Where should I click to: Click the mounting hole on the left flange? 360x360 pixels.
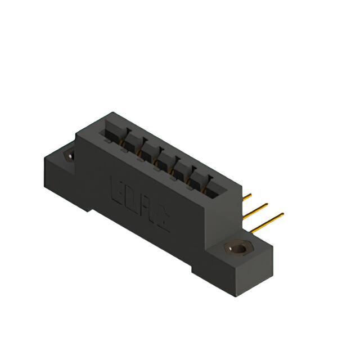(x=70, y=155)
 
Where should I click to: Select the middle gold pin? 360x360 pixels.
(x=255, y=210)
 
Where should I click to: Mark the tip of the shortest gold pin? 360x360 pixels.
(x=251, y=195)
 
